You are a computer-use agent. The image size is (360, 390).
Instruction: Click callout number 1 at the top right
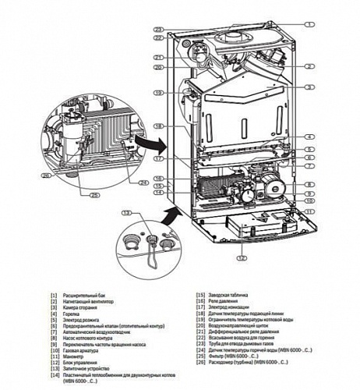(x=310, y=24)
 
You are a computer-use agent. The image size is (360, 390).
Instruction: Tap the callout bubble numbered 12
(x=242, y=257)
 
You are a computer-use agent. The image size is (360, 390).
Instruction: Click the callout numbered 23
(x=158, y=30)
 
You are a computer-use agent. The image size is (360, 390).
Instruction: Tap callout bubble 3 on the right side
(x=310, y=87)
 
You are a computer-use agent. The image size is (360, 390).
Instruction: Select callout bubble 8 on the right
(x=310, y=184)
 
